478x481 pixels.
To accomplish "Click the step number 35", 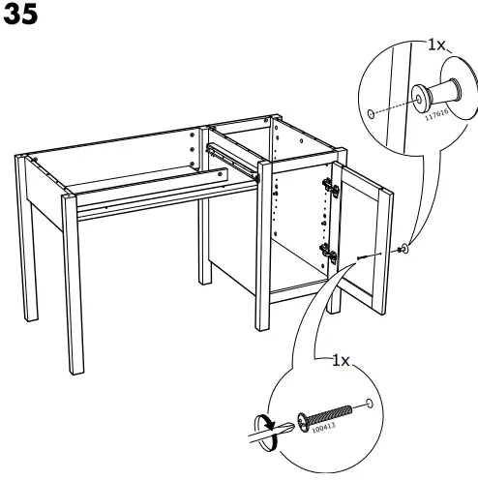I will [21, 15].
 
